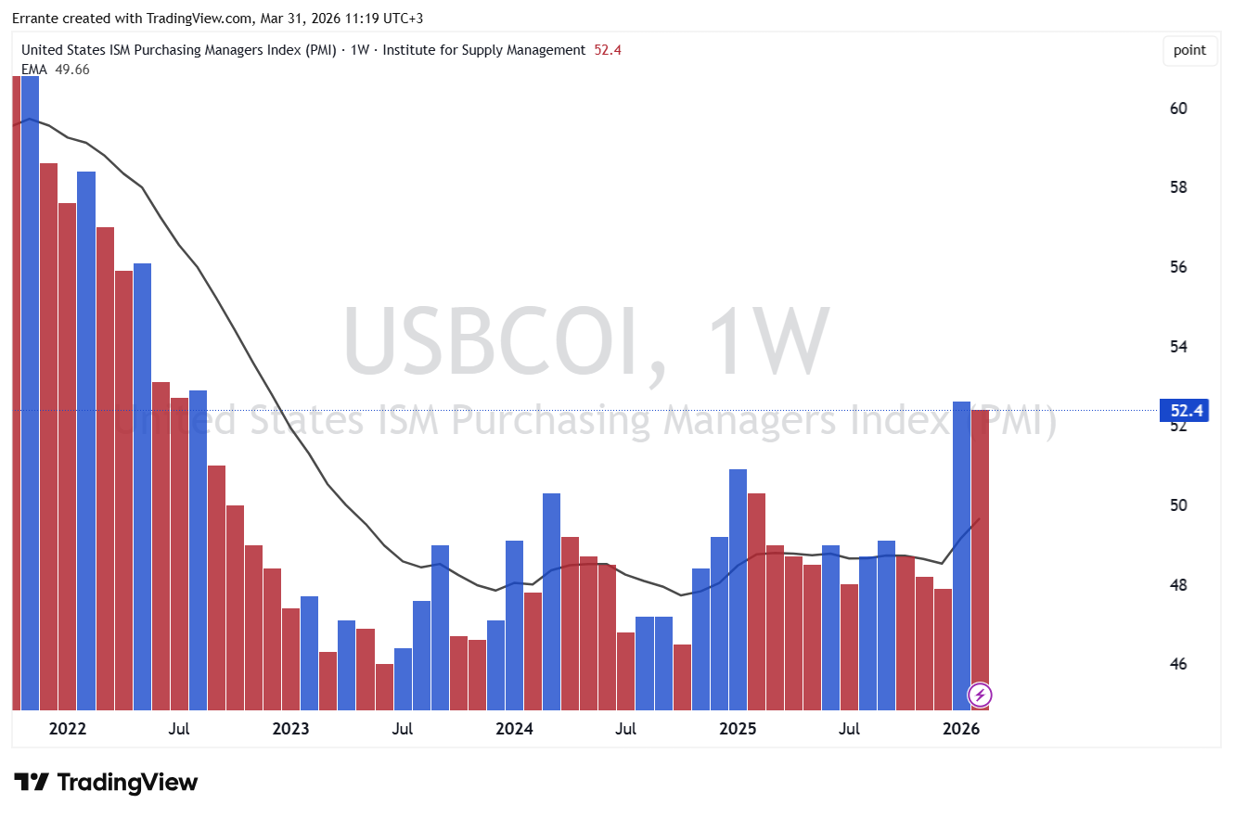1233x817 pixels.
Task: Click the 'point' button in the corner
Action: point(1189,50)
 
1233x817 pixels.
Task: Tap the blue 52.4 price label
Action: point(1183,410)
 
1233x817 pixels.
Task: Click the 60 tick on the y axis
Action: point(1178,109)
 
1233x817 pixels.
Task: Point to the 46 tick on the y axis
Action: point(1178,665)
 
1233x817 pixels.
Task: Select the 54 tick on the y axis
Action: point(1178,347)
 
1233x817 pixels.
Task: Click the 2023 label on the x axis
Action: point(290,729)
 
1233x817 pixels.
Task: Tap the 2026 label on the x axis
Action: point(961,729)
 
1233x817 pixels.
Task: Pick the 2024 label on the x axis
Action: point(514,729)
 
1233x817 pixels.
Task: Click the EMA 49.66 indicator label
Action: point(56,69)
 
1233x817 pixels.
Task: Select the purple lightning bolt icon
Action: point(981,695)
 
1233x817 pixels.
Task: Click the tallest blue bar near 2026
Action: point(961,556)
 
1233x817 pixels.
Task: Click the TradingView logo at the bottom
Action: point(106,782)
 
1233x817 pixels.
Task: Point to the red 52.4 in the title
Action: point(608,50)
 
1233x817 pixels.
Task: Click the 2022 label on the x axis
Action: point(68,729)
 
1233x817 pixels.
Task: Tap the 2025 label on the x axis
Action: point(738,729)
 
